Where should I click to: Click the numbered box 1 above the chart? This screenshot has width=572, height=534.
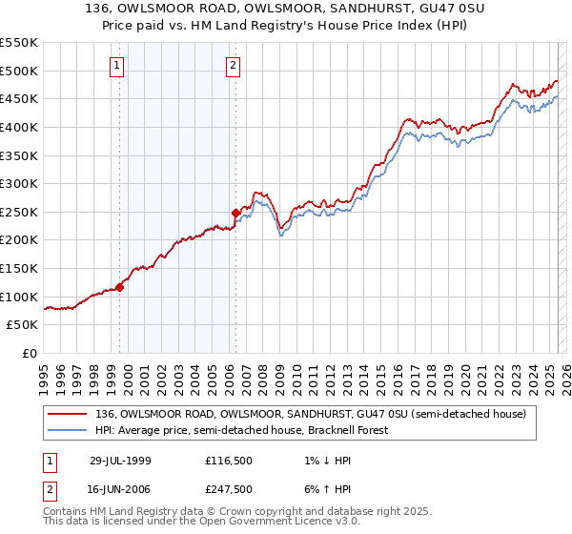(116, 66)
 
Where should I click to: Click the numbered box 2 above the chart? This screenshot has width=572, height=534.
(234, 66)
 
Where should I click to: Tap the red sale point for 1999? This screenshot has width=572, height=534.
(120, 286)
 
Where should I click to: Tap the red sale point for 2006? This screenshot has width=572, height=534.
(235, 213)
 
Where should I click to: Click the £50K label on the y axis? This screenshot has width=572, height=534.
(23, 325)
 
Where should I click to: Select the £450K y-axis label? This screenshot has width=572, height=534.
(19, 98)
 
